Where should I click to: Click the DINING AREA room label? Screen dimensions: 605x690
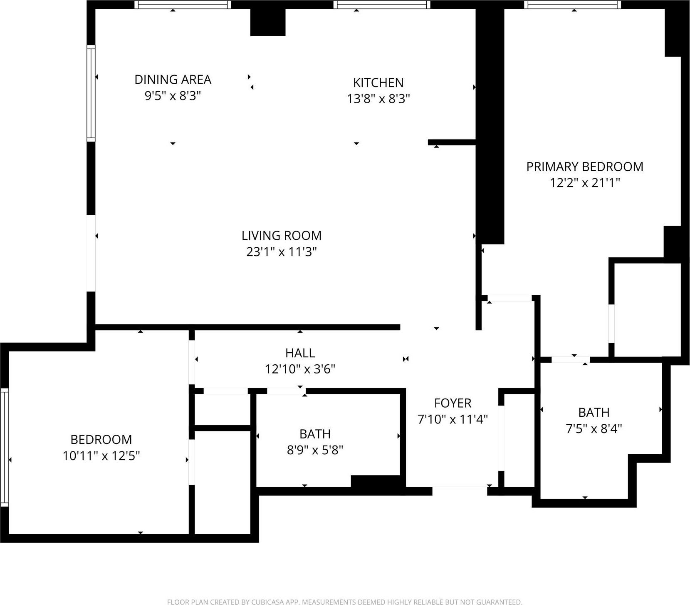click(173, 79)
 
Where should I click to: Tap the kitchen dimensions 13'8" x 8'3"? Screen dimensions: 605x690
click(378, 99)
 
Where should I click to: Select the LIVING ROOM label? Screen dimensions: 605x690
click(281, 235)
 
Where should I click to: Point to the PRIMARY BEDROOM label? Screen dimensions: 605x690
click(584, 167)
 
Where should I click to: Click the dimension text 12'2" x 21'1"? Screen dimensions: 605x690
click(584, 183)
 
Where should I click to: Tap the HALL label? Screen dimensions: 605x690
click(299, 353)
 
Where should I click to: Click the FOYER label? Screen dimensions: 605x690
click(453, 403)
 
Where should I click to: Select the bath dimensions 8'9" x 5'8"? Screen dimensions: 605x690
click(315, 450)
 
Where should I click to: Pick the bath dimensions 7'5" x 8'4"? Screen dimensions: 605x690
click(594, 428)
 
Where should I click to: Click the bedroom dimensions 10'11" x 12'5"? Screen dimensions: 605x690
click(101, 456)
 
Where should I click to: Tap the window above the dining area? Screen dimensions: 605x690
click(183, 5)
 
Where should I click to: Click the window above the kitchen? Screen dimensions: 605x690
click(381, 5)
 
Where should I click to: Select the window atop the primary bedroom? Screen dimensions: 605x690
click(572, 5)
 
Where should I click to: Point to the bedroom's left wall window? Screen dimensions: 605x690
click(5, 447)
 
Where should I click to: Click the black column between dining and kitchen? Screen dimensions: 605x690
click(267, 22)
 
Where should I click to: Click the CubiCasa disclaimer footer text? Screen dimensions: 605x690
click(344, 602)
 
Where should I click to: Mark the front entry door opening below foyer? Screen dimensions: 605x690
click(460, 490)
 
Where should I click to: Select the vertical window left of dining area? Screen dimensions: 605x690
click(91, 93)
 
